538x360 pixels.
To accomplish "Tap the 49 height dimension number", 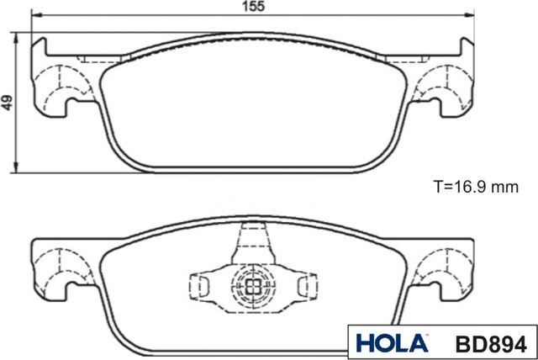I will [x=7, y=103].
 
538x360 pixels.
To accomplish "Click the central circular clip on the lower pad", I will [x=251, y=284].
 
